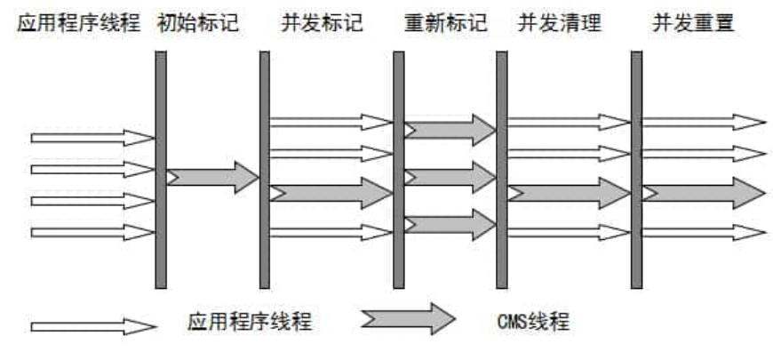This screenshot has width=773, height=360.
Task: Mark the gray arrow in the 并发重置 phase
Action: (702, 192)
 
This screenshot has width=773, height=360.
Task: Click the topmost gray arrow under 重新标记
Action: (450, 130)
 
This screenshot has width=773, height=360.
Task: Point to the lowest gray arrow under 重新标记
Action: (450, 224)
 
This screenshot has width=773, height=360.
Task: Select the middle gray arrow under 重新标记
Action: (450, 177)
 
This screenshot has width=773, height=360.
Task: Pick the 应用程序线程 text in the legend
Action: (250, 321)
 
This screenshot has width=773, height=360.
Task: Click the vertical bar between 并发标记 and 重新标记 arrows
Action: (398, 169)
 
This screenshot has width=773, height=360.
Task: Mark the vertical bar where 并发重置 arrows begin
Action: (636, 169)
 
